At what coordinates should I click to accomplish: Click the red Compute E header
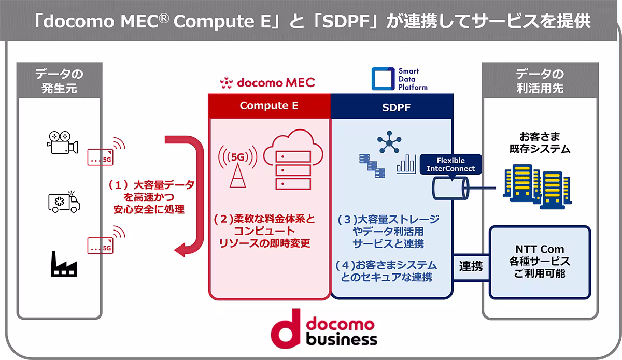[269, 106]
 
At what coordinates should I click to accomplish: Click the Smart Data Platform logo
[400, 79]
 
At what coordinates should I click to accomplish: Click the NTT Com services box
[540, 262]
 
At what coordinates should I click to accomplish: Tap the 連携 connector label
[471, 267]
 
